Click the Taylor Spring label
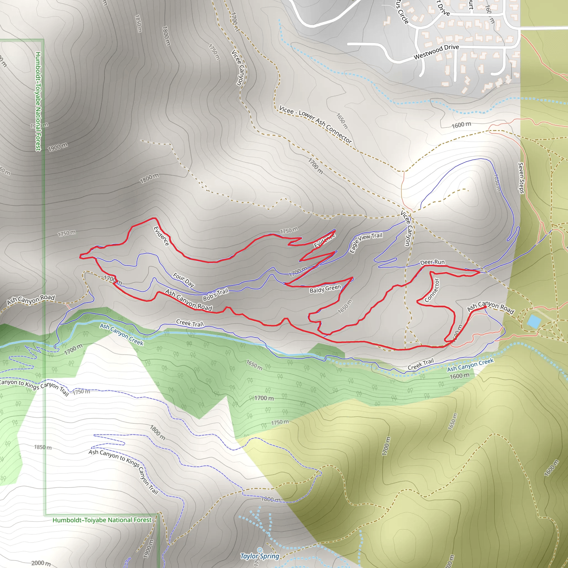coord(260,556)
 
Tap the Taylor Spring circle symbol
coord(260,550)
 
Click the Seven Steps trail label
coord(521,178)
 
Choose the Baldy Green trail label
coord(325,289)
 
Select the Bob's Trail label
coord(215,295)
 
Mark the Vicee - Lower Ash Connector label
coord(315,124)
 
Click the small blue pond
coord(534,321)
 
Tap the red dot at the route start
coord(485,307)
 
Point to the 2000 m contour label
coord(41,563)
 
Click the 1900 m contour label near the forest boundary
coord(58,147)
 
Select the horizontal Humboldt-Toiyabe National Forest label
coord(102,520)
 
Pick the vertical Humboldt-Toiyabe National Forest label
coord(38,102)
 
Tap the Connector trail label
coord(432,290)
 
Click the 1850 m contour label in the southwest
coord(43,447)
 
